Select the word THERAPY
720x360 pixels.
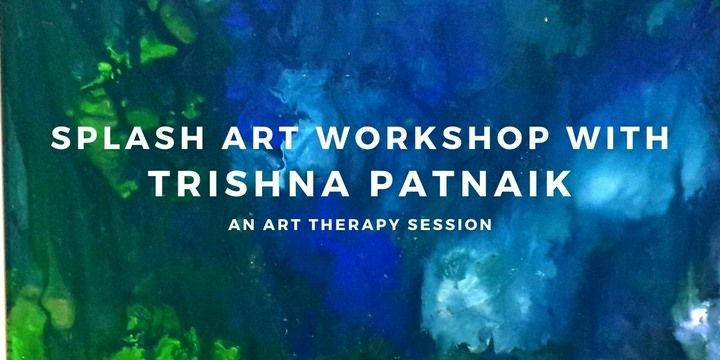(x=351, y=225)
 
